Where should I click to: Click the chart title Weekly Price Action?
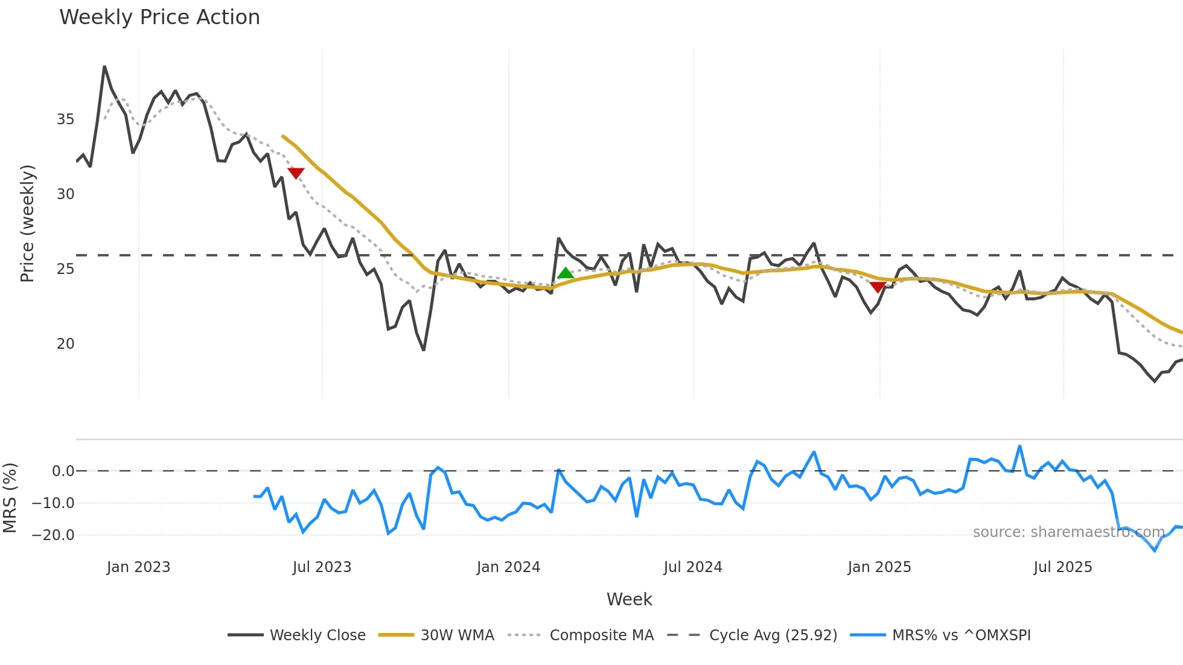pos(159,17)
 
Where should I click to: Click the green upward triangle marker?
pos(565,273)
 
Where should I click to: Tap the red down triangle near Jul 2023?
pos(296,173)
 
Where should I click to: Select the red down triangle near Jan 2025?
pos(878,287)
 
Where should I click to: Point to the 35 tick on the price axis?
pos(65,119)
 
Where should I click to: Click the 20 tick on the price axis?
pos(65,344)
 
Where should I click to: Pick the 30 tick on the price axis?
pos(65,194)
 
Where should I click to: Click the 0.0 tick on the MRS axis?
pos(63,471)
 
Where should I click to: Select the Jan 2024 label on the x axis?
pos(508,567)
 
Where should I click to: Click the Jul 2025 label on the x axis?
pos(1063,567)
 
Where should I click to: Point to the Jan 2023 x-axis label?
pos(138,567)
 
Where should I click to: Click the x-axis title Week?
pos(629,599)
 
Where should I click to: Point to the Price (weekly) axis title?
pos(28,223)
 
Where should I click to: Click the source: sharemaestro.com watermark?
pos(1068,532)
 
